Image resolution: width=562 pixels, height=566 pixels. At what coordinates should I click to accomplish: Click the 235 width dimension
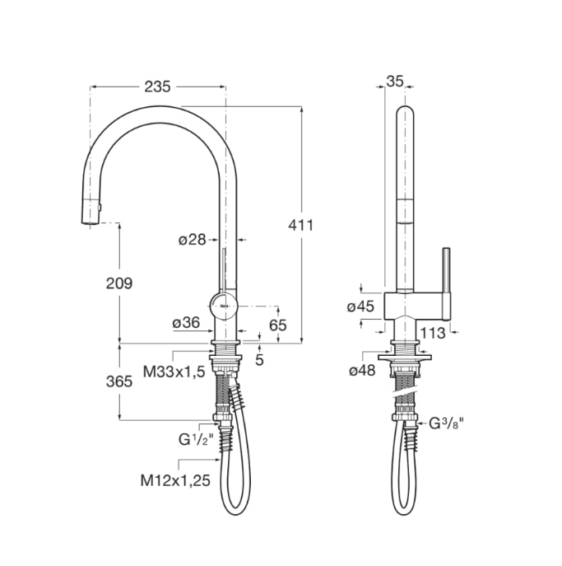point(157,87)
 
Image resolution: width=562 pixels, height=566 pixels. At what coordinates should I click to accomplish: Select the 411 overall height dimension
point(301,224)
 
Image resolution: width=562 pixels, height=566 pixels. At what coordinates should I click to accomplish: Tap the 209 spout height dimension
point(119,283)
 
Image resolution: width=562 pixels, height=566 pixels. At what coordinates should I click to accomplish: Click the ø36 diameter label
point(186,324)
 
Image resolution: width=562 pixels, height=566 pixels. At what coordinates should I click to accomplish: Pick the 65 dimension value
point(277,325)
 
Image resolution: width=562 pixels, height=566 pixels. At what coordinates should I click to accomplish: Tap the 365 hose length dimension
point(119,381)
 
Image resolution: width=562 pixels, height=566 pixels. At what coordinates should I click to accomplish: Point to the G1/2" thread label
point(197,439)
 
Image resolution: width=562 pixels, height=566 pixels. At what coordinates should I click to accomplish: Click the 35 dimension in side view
point(395,81)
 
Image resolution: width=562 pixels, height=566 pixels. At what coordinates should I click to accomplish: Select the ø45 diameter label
point(360,306)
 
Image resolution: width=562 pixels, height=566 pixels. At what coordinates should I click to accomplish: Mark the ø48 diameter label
point(361,371)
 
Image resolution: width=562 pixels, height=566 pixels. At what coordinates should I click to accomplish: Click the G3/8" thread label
point(447,423)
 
